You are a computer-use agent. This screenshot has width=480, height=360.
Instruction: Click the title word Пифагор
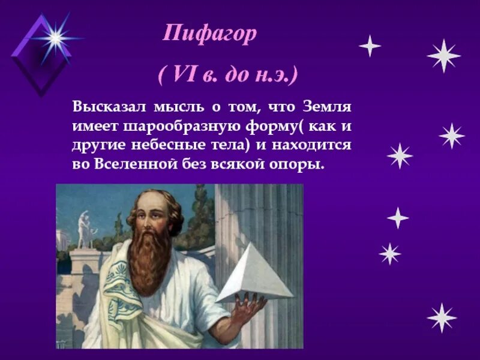(x=210, y=34)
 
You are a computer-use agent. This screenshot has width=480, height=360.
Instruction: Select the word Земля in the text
(x=328, y=107)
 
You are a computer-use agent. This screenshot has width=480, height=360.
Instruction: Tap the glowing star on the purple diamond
(x=56, y=38)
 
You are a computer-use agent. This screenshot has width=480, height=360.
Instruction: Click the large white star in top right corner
(x=443, y=56)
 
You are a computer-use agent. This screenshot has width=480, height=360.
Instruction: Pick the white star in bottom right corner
(x=442, y=317)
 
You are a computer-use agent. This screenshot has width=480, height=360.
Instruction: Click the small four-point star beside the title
(x=370, y=46)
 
